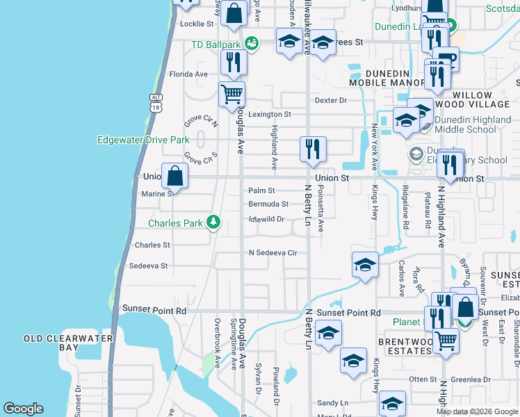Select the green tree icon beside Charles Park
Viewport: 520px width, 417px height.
click(213, 223)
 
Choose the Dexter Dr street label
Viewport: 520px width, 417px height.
click(330, 101)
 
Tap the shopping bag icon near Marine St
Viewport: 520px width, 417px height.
click(175, 176)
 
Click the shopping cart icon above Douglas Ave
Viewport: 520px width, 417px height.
click(231, 94)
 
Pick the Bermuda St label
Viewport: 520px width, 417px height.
click(268, 204)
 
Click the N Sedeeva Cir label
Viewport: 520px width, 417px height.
click(273, 253)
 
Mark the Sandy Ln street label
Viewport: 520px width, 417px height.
click(332, 403)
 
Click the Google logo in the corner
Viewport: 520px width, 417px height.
click(23, 409)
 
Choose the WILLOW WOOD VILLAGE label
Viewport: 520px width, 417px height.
click(482, 100)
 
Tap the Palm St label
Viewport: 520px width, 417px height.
click(262, 190)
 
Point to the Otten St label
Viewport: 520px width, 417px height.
click(422, 379)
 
